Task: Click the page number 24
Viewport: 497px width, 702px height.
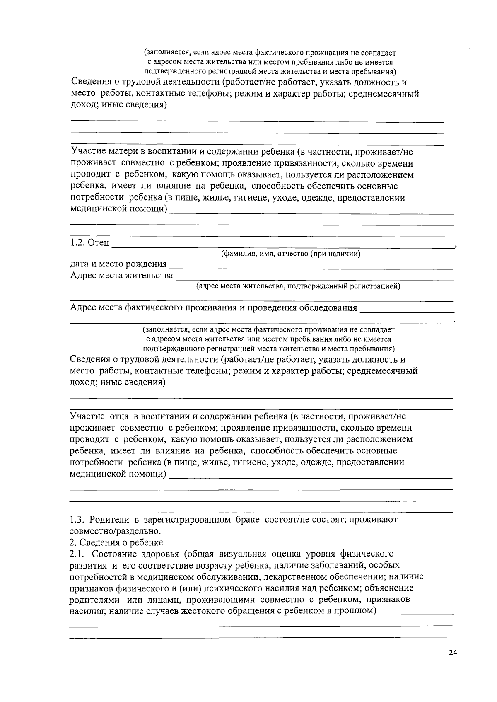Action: (453, 653)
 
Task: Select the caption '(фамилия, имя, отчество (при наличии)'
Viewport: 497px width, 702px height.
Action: (291, 254)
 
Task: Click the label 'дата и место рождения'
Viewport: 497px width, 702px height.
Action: (118, 264)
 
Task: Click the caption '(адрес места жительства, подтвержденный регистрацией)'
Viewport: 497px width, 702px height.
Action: (298, 286)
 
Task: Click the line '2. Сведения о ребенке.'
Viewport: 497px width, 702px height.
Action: (117, 542)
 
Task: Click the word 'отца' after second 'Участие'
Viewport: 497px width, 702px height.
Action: (119, 416)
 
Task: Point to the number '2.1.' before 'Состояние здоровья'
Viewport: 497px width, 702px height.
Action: (77, 554)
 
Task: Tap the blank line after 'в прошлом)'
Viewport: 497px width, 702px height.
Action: (416, 613)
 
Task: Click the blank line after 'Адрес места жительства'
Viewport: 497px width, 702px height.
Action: (315, 278)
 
